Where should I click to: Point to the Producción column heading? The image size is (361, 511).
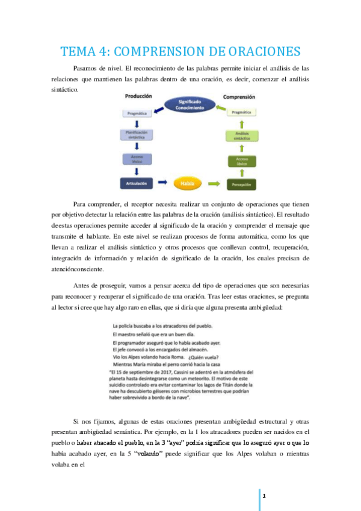click(x=138, y=96)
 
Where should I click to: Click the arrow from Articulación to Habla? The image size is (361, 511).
click(x=162, y=181)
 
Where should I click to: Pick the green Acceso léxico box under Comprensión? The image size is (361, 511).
click(x=241, y=160)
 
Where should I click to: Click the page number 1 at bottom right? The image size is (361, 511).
click(x=264, y=495)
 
